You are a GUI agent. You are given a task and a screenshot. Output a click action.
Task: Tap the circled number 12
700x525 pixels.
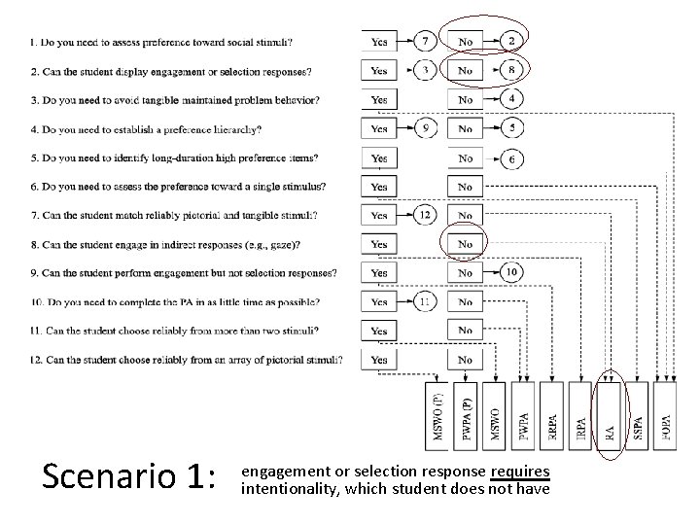(x=426, y=215)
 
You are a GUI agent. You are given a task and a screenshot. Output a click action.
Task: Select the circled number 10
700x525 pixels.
(x=511, y=272)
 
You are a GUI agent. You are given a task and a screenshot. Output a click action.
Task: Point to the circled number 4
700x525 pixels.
(x=512, y=99)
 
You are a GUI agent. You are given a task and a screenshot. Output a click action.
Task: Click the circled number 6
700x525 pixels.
(x=512, y=157)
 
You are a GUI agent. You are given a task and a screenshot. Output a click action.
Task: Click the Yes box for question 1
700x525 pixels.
(x=379, y=42)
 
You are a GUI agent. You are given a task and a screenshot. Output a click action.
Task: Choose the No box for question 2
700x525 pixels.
(x=466, y=70)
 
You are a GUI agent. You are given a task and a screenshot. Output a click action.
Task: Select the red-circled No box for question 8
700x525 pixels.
(x=466, y=244)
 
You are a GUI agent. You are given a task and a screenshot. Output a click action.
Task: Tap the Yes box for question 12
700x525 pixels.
(x=379, y=360)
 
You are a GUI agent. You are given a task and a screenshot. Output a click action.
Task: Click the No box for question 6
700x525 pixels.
(x=466, y=187)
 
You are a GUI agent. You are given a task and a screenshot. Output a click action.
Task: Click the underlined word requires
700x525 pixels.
(x=520, y=472)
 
